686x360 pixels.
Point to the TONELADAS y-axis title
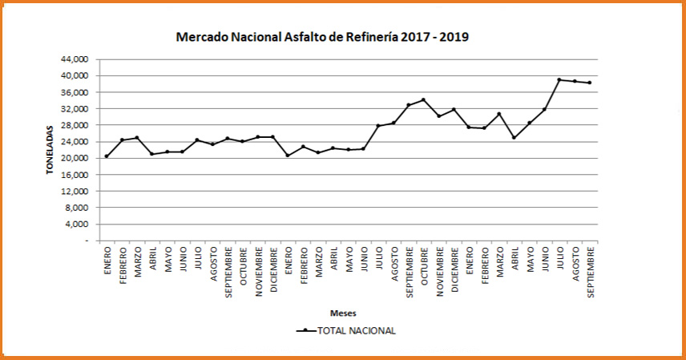pos(49,149)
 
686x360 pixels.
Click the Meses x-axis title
pos(343,313)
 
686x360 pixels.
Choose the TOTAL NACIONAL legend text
pos(357,330)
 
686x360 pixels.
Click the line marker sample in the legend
pos(305,330)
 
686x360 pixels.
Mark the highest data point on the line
pos(559,79)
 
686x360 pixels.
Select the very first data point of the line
pos(107,156)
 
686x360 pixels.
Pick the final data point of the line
pos(590,83)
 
